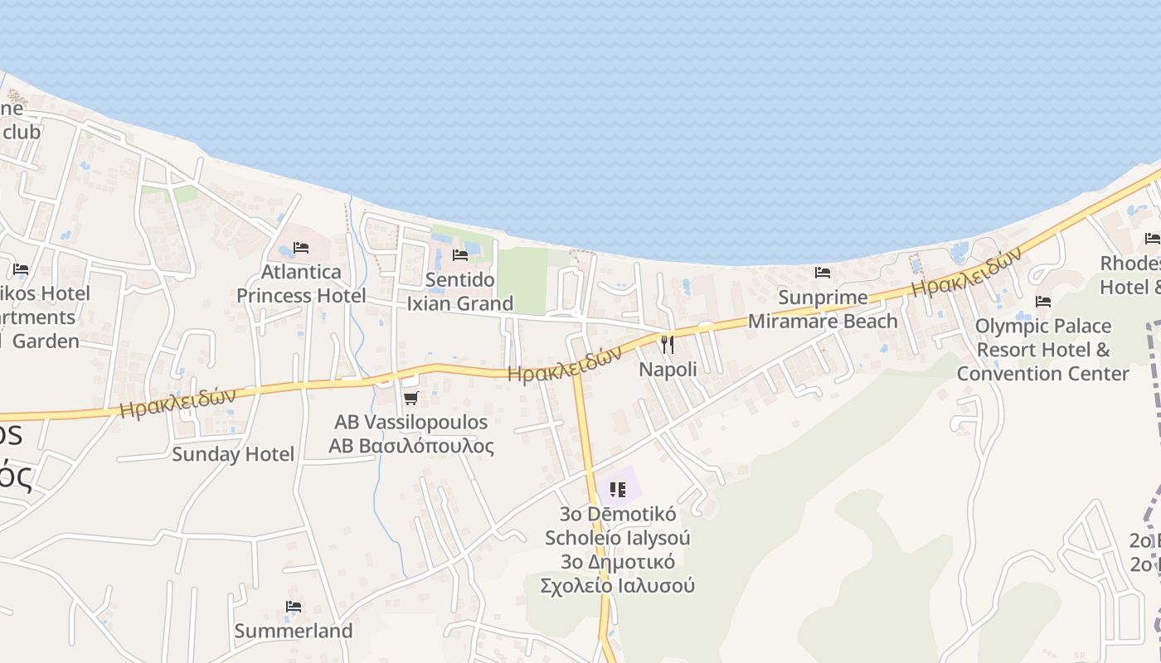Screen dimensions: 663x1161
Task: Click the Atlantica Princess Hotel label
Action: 301,283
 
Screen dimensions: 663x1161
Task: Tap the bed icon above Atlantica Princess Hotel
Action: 301,248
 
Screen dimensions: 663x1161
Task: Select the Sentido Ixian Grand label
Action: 460,292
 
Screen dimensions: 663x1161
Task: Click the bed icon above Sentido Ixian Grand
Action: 460,255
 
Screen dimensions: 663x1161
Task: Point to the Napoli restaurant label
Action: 668,370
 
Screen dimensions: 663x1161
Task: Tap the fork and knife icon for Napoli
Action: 668,344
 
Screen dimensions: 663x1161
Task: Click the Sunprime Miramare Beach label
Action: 823,309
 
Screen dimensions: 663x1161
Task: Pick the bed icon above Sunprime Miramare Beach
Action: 823,272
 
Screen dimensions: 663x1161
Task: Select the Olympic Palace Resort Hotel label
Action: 1042,349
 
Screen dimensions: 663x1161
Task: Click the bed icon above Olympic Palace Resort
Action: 1043,302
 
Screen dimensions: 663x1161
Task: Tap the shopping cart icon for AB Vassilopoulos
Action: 410,399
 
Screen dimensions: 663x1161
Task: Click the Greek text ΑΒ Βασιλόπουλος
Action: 411,447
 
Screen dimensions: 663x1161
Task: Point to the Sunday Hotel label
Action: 233,454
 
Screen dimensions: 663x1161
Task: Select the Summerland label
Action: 294,631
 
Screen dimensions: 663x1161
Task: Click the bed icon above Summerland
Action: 294,607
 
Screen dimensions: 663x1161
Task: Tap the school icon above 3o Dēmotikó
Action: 617,490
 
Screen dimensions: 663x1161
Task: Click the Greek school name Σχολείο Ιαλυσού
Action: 617,586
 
